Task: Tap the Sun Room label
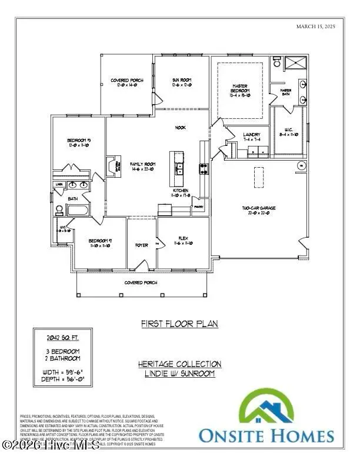click(x=180, y=82)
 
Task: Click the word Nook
click(x=180, y=127)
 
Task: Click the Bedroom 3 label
click(x=78, y=141)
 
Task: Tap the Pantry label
click(x=199, y=207)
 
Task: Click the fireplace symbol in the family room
click(x=109, y=167)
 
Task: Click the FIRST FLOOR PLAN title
click(x=179, y=324)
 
